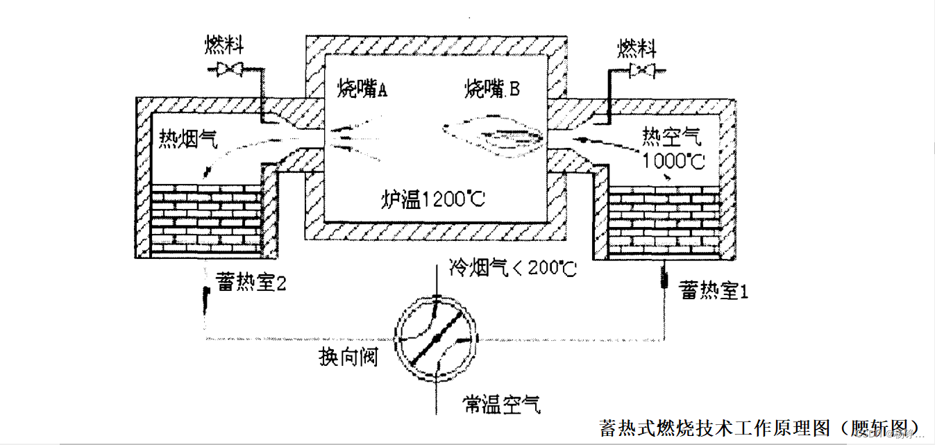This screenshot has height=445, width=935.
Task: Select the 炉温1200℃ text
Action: (433, 200)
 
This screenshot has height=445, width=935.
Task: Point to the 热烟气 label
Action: (188, 139)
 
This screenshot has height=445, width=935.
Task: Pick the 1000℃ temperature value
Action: (673, 161)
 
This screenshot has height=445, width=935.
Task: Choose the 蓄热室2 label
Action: (251, 283)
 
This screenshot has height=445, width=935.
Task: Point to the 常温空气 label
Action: (503, 404)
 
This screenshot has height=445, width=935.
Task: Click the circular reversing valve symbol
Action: (436, 338)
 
